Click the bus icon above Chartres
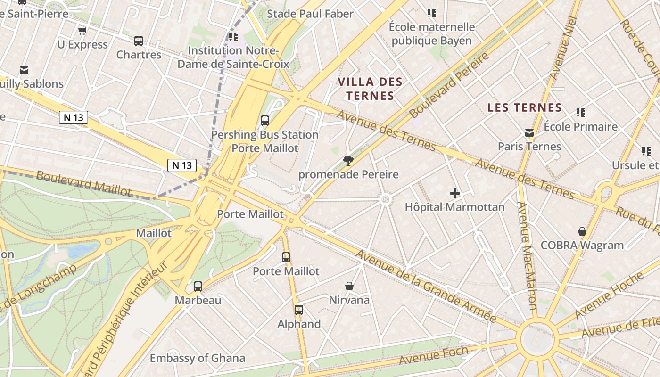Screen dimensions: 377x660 coord(138,41)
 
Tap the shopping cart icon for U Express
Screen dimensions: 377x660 coord(82,31)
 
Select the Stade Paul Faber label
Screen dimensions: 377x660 coord(310,14)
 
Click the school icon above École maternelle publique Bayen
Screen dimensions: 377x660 coord(431,13)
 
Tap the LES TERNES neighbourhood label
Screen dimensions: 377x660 coord(525,107)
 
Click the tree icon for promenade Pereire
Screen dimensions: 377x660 coord(348,161)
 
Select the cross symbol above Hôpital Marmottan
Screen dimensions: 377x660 coord(454,193)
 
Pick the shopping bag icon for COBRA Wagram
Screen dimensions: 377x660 coord(582,231)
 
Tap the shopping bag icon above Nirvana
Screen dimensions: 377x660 coord(349,286)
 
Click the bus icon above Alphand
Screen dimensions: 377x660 coord(299,310)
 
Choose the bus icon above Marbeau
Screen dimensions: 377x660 coord(198,287)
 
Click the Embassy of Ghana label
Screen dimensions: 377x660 coord(197,358)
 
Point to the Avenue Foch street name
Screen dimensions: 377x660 coord(433,355)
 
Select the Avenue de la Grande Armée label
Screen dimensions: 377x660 coord(425,286)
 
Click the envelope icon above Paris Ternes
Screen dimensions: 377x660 coord(529,133)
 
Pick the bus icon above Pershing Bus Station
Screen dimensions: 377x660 coord(265,121)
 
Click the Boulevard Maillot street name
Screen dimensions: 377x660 coord(83,183)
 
